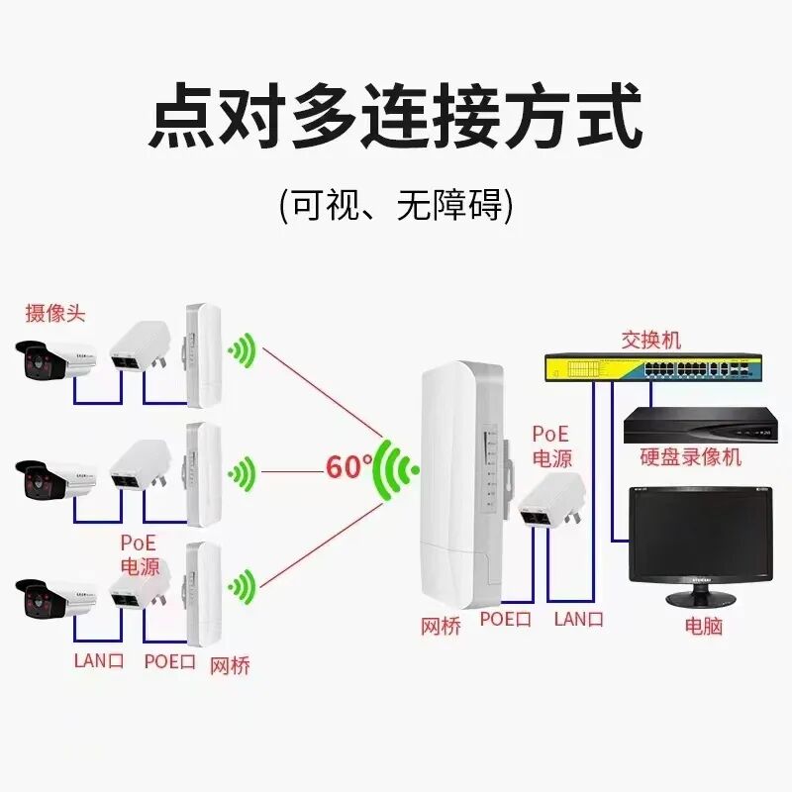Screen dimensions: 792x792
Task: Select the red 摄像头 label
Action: (x=55, y=314)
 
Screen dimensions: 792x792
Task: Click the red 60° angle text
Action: (x=348, y=466)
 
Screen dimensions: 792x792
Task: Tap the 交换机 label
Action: (x=650, y=340)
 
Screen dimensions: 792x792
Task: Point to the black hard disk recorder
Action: (x=697, y=426)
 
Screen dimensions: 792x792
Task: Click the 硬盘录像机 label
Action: (x=690, y=457)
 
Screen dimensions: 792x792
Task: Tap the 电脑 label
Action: (x=703, y=626)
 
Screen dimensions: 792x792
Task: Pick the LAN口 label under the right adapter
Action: (x=578, y=620)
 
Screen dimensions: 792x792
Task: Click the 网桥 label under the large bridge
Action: (x=441, y=626)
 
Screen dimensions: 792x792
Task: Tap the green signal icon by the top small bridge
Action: (x=242, y=350)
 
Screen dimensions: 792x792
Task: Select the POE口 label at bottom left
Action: (x=169, y=660)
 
